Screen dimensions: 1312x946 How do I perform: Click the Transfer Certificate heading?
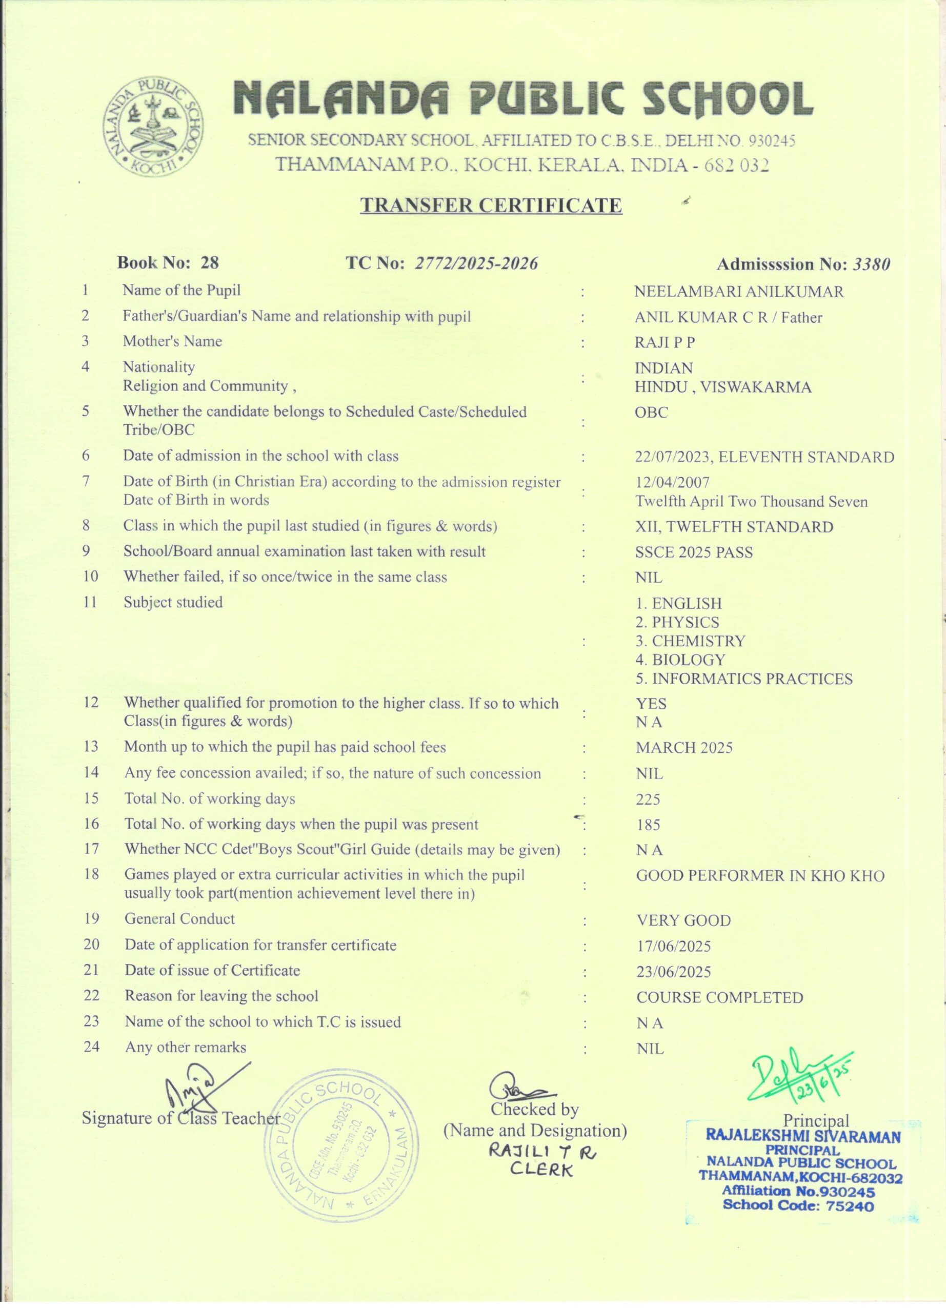pos(491,205)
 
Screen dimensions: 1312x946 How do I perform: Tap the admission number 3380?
pos(871,264)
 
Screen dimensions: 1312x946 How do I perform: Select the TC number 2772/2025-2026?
pos(476,264)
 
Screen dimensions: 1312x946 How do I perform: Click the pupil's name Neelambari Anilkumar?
pos(738,292)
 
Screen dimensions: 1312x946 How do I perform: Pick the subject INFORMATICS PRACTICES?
pos(744,679)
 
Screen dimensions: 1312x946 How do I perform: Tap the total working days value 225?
pos(648,799)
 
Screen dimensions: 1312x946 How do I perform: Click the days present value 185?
pos(648,825)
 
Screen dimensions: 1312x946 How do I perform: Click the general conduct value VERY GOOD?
pos(683,920)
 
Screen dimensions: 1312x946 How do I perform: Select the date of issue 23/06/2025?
pos(674,972)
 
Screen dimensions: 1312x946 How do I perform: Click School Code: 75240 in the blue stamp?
pos(798,1205)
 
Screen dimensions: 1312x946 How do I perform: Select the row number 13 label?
pos(91,746)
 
